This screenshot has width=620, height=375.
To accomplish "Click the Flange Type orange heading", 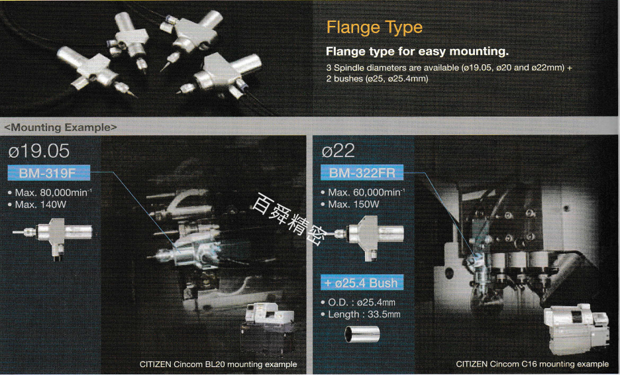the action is click(374, 28).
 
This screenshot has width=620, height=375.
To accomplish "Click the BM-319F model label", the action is click(48, 173).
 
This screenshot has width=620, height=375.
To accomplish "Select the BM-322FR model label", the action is click(362, 172).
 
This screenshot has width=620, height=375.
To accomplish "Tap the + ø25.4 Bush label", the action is click(362, 282).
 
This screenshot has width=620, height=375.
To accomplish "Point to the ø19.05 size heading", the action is click(38, 150).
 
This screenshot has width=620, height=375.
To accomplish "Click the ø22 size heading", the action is click(338, 150).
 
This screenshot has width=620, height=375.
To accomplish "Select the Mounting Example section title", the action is click(60, 127).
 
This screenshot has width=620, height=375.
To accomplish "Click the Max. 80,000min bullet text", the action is click(50, 193).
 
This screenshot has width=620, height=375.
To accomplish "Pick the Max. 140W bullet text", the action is click(37, 205).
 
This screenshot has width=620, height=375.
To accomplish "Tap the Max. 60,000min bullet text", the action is click(363, 192).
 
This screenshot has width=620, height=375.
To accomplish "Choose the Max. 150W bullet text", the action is click(350, 205).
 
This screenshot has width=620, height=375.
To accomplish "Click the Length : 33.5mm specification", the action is click(360, 315).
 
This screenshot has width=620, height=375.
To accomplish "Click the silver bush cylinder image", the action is click(362, 334).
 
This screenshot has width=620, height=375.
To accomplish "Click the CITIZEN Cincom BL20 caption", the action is click(219, 364).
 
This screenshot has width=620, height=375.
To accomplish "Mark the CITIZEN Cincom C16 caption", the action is click(532, 364).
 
